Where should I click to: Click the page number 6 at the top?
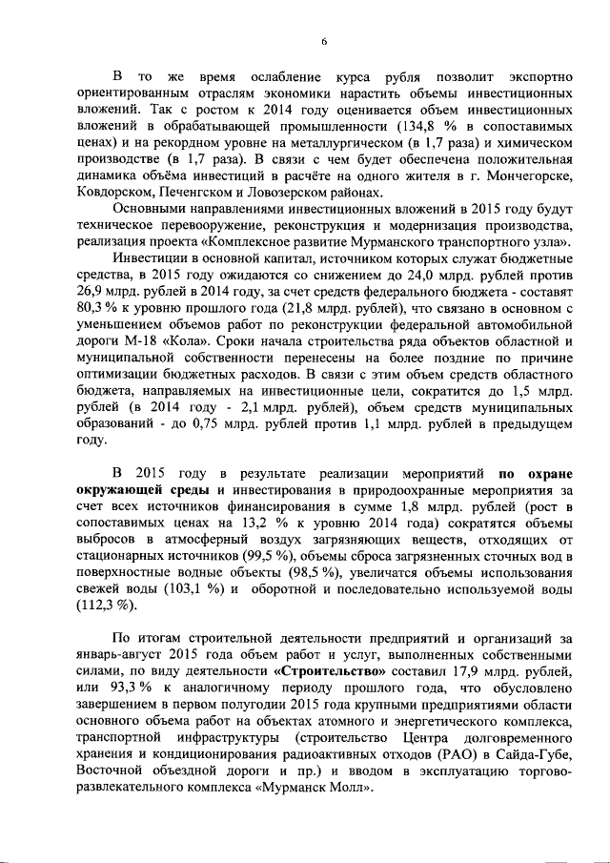(323, 41)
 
